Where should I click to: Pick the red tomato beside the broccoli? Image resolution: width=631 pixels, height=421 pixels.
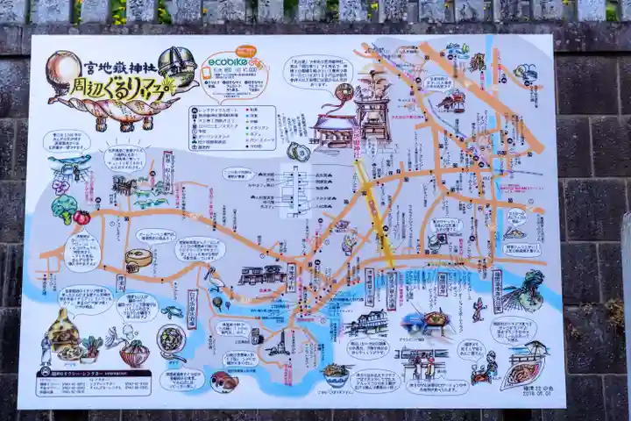point(82,217)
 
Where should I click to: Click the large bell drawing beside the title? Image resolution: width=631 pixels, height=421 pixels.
point(176,65)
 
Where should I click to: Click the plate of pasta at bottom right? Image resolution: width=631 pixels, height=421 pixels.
point(522,375)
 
